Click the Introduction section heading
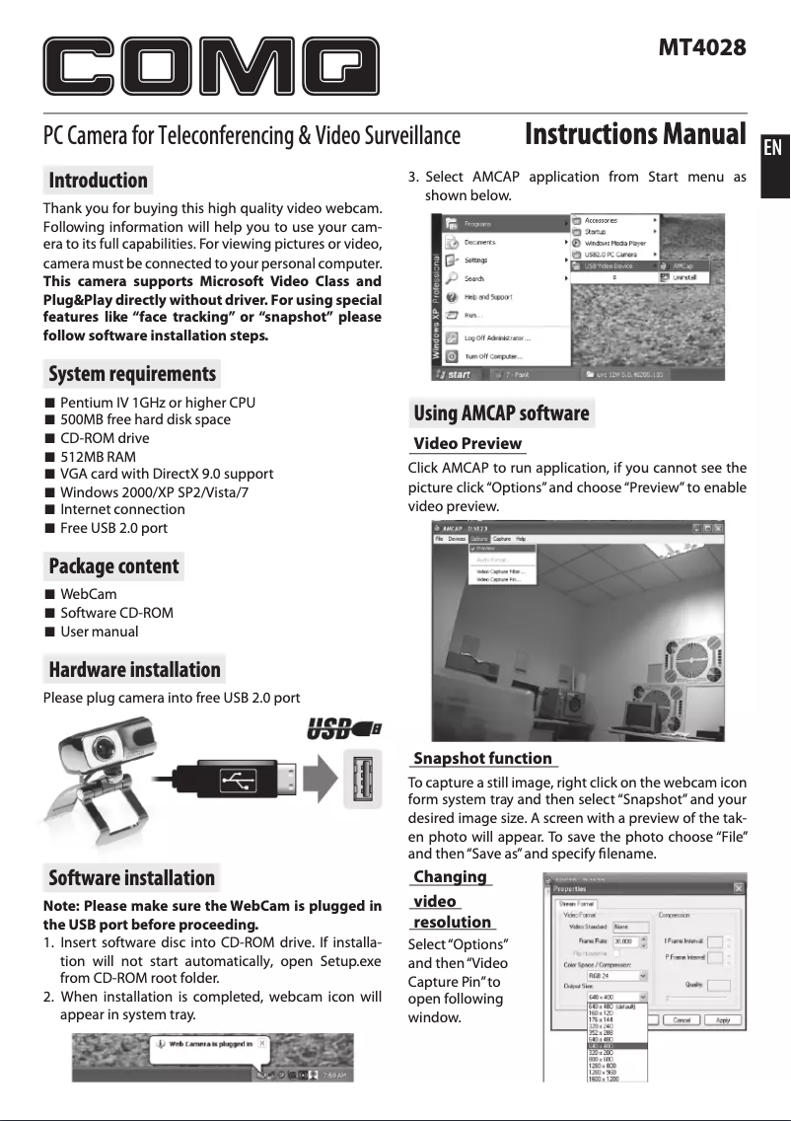(x=98, y=181)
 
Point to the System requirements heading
(x=132, y=374)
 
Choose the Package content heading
(x=113, y=566)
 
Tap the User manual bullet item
(x=99, y=632)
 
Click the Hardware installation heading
(x=134, y=670)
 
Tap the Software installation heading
(x=131, y=878)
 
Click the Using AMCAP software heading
(x=501, y=413)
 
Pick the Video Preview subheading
(x=467, y=444)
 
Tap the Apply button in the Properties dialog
(x=723, y=1020)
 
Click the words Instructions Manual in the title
(x=634, y=134)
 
